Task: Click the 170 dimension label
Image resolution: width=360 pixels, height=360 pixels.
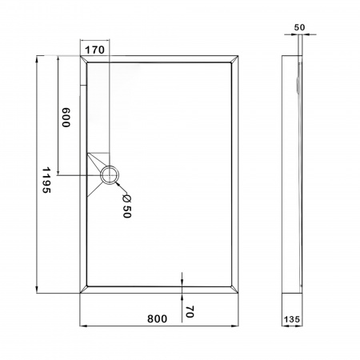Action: coord(94,50)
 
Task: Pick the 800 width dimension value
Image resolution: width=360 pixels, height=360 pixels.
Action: coord(158,318)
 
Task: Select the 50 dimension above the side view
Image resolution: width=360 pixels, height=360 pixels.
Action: coord(299,27)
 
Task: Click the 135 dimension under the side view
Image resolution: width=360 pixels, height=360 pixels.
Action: coord(293,319)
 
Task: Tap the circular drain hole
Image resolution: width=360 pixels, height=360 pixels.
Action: coord(110,174)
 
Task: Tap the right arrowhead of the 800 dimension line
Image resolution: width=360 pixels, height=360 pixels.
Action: coord(234,326)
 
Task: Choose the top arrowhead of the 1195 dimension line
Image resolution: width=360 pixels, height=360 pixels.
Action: coord(37,58)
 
